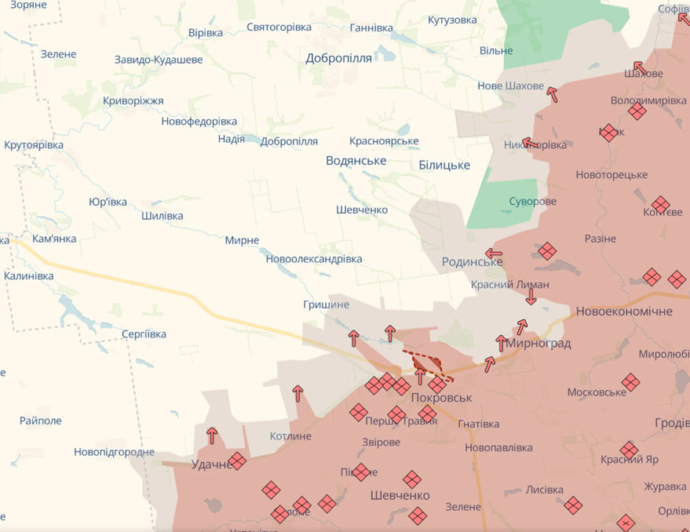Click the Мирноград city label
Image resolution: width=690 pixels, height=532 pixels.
(x=538, y=344)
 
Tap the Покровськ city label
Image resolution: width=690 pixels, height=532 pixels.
(x=440, y=399)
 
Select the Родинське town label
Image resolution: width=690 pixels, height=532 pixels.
(x=472, y=262)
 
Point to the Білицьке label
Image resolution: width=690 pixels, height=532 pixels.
(x=444, y=165)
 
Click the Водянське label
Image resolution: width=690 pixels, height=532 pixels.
(x=356, y=160)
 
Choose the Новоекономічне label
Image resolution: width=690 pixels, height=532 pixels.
(x=624, y=311)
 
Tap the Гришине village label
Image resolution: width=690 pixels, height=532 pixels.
(x=325, y=304)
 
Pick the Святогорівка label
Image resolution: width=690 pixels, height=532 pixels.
(x=279, y=27)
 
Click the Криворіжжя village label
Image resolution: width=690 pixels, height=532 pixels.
(x=133, y=101)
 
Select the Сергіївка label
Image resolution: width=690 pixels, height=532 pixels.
(x=144, y=334)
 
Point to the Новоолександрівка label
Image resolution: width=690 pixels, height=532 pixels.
(x=313, y=259)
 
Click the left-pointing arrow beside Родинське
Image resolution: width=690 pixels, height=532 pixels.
(x=494, y=254)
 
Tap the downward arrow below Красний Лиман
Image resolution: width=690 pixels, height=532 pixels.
(x=531, y=296)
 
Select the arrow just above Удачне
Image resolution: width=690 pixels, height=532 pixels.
(x=212, y=435)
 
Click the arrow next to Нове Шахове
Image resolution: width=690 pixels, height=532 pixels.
(x=552, y=95)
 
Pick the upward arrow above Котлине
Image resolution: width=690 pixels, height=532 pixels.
(x=298, y=393)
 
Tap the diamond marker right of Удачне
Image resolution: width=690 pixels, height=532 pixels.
(x=237, y=461)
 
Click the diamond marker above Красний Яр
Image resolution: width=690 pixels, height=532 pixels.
(x=629, y=450)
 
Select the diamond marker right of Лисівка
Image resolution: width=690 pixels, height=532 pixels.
(x=573, y=504)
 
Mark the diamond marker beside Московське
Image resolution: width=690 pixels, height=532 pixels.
(x=630, y=382)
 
